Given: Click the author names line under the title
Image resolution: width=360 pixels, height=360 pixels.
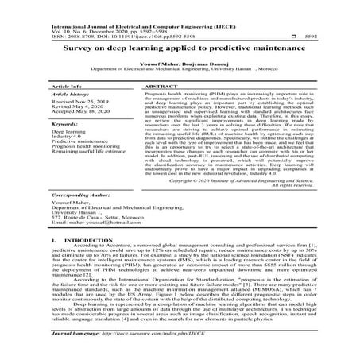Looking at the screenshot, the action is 180,64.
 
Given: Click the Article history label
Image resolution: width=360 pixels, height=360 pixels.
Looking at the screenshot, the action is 70,94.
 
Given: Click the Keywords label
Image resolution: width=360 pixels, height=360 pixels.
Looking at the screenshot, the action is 64,125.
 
